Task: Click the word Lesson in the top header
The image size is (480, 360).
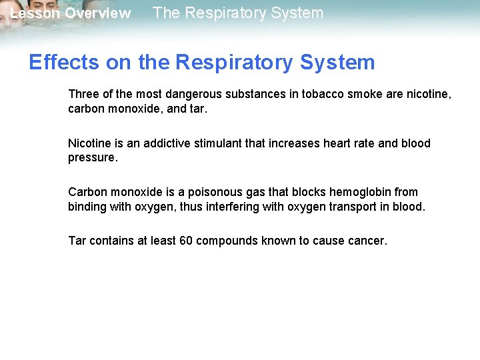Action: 34,13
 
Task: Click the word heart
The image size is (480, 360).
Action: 321,143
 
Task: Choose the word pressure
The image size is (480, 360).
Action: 92,158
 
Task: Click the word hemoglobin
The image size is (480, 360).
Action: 359,192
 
